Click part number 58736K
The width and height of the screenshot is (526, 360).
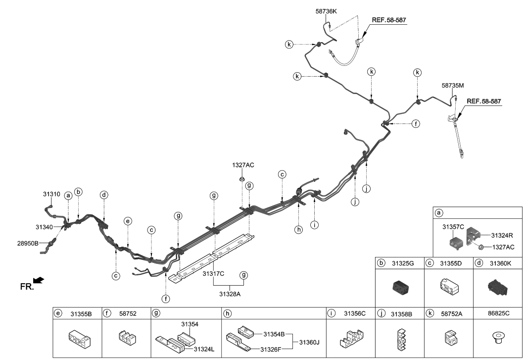point(326,10)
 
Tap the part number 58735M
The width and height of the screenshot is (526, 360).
point(453,85)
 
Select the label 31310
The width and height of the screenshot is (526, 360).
point(51,194)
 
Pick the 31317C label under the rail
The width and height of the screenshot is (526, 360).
point(214,273)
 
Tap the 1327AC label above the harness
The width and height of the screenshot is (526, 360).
point(243,164)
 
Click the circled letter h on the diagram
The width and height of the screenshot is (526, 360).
point(298,229)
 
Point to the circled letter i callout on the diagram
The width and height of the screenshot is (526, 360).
point(314,224)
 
